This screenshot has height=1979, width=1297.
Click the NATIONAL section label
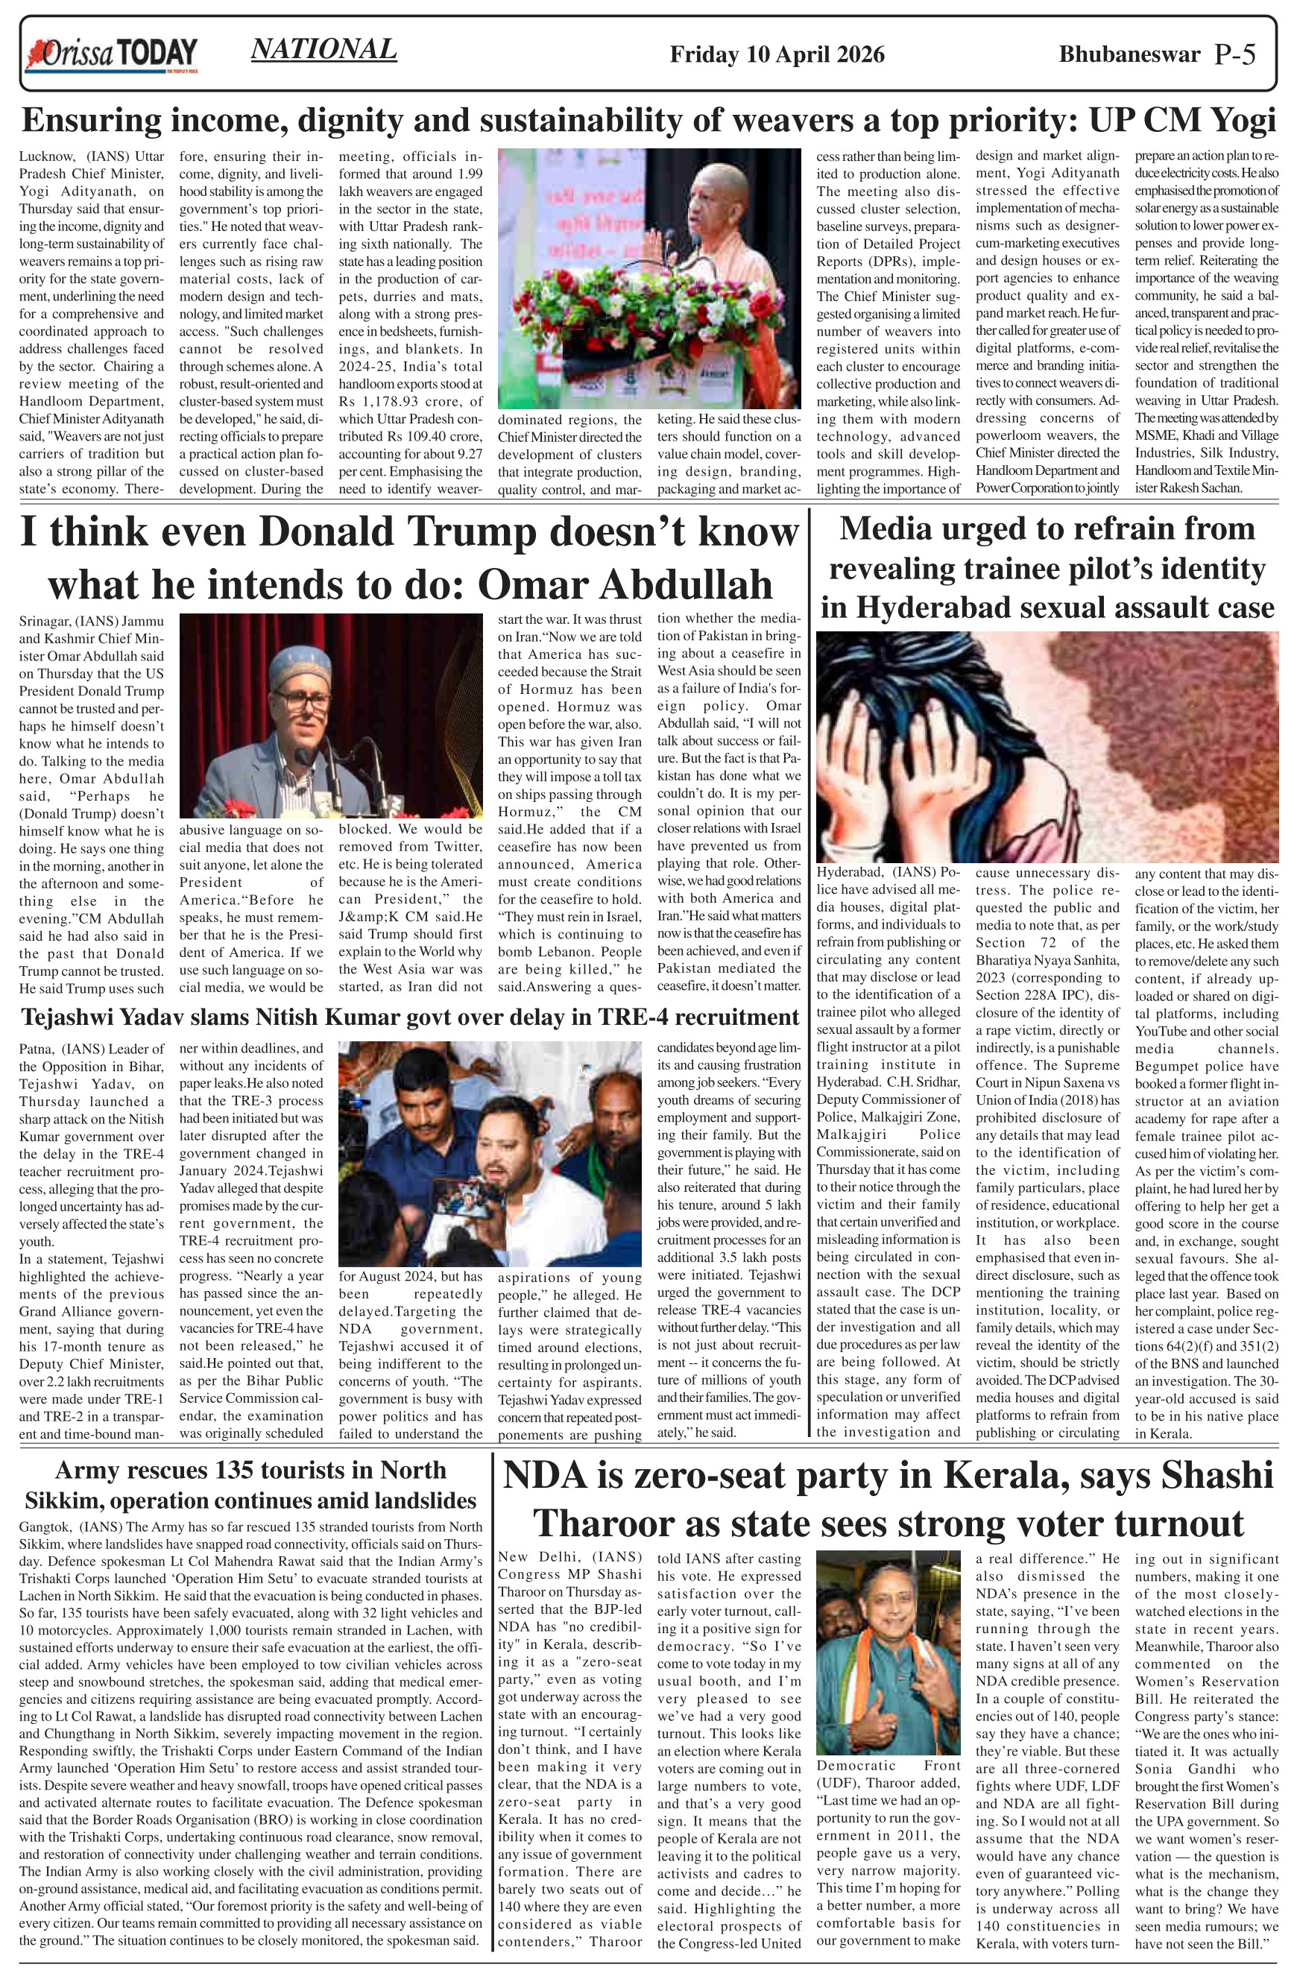[x=324, y=50]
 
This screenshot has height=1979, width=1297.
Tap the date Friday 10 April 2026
[x=777, y=55]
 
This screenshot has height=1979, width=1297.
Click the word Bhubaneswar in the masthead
[x=1129, y=54]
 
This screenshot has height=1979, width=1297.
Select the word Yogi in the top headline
[x=1240, y=121]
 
